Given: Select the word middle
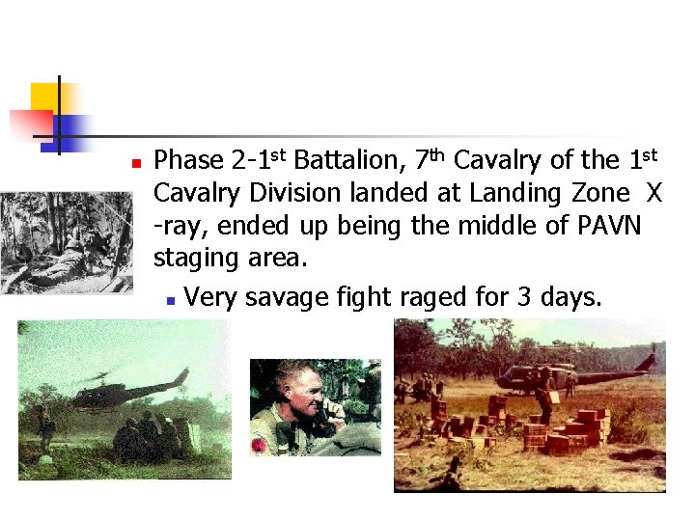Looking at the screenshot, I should click(525, 226).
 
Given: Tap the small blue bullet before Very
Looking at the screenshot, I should click(169, 299).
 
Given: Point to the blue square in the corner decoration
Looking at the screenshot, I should click(69, 127).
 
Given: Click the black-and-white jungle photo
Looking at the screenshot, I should click(66, 241).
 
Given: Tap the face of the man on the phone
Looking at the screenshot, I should click(294, 386).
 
